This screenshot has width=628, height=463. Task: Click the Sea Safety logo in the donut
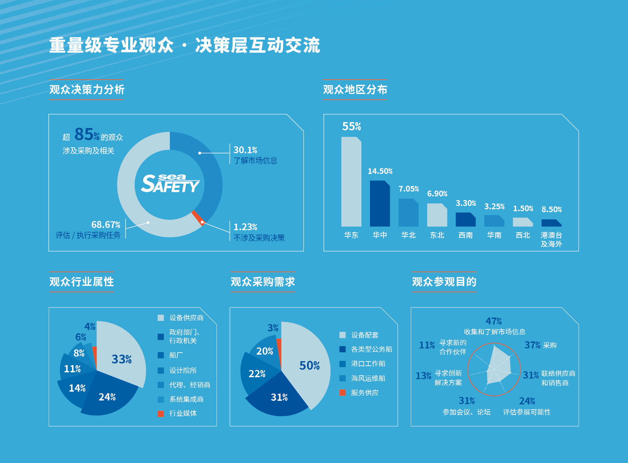pyautogui.click(x=170, y=184)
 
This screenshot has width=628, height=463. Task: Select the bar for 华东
pyautogui.click(x=351, y=182)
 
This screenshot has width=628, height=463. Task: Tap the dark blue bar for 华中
pyautogui.click(x=380, y=204)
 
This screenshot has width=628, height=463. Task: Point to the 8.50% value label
pyautogui.click(x=551, y=210)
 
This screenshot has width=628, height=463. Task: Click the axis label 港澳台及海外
pyautogui.click(x=551, y=239)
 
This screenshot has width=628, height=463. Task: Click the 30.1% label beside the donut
pyautogui.click(x=245, y=150)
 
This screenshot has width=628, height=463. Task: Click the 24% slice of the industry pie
pyautogui.click(x=107, y=397)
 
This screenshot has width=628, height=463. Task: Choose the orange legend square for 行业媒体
pyautogui.click(x=161, y=414)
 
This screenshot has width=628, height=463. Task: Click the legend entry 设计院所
pyautogui.click(x=183, y=370)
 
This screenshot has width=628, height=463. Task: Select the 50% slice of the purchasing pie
pyautogui.click(x=309, y=365)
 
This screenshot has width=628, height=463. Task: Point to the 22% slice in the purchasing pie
pyautogui.click(x=257, y=374)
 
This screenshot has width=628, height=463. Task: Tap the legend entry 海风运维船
pyautogui.click(x=368, y=378)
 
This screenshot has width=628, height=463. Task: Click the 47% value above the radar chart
pyautogui.click(x=494, y=321)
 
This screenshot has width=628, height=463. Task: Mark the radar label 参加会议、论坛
pyautogui.click(x=466, y=412)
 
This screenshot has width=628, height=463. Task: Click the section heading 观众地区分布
pyautogui.click(x=355, y=89)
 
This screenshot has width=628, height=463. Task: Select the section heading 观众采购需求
pyautogui.click(x=263, y=282)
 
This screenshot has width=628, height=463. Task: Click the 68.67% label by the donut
pyautogui.click(x=106, y=225)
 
